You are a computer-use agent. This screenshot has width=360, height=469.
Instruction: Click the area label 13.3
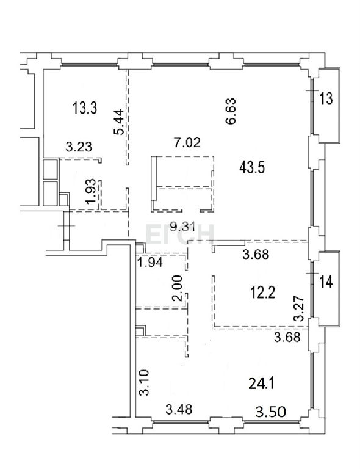85,107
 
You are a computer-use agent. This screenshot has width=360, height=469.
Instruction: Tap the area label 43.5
252,168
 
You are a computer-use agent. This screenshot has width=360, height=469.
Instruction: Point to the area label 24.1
261,384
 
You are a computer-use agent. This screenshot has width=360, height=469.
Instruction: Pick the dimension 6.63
231,111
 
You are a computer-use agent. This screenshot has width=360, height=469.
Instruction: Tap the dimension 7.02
187,142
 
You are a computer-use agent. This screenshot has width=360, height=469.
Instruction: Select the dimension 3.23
79,147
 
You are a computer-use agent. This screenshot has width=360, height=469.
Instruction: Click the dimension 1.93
90,191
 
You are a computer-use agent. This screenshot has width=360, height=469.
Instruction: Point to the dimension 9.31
182,228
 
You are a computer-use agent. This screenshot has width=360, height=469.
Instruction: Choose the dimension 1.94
150,263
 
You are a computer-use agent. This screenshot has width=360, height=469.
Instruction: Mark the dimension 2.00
178,288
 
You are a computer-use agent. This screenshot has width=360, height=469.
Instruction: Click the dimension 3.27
299,308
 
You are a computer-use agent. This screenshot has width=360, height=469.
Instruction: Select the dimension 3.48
179,410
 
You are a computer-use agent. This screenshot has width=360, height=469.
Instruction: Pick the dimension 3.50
271,412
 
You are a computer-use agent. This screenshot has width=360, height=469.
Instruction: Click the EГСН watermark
180,234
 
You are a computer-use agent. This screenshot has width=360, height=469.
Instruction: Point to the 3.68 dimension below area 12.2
287,337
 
